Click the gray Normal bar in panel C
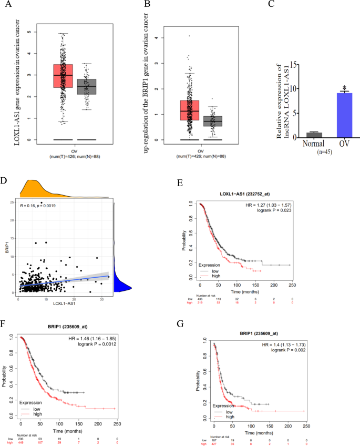[x=284, y=135]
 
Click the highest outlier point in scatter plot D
[x=42, y=202]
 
